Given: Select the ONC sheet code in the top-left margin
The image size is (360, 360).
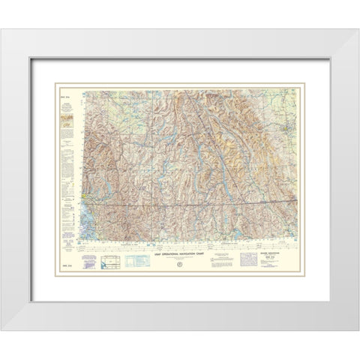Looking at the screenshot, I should coord(64,93).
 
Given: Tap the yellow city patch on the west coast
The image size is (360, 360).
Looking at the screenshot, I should coord(88,200).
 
